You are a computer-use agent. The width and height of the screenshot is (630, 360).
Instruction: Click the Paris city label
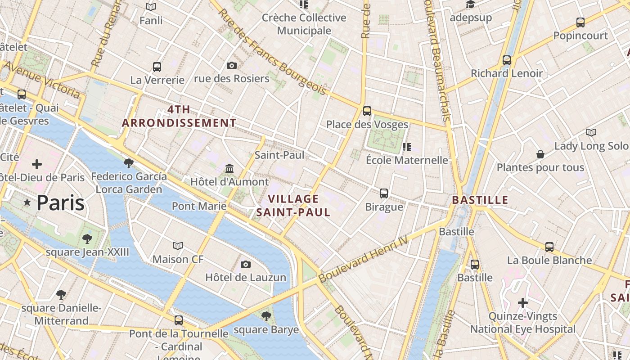(x=60, y=203)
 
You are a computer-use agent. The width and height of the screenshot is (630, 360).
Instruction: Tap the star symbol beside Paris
(x=27, y=203)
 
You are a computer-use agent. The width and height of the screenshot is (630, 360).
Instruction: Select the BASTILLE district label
(x=480, y=200)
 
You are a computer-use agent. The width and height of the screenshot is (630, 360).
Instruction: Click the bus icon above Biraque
(x=384, y=193)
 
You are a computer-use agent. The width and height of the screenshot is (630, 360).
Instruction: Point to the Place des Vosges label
(x=367, y=125)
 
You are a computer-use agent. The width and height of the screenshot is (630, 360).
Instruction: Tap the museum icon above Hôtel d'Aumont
(x=229, y=169)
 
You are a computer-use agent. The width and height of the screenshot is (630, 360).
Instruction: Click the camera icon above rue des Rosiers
(x=232, y=66)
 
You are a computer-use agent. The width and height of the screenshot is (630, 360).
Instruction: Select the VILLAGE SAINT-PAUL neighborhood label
(x=293, y=205)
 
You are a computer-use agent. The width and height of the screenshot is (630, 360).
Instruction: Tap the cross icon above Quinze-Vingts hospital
(x=522, y=303)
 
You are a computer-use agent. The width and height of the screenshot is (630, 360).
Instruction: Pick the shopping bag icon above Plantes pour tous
(x=540, y=154)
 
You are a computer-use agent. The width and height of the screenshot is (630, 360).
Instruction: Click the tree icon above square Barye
(x=266, y=316)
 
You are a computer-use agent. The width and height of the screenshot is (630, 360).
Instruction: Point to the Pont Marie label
(x=199, y=206)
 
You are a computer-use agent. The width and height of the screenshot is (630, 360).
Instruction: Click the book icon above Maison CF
(x=178, y=246)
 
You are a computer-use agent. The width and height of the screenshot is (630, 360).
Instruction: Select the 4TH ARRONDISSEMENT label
(x=179, y=116)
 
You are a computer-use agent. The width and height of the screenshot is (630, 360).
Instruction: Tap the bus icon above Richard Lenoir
(x=507, y=60)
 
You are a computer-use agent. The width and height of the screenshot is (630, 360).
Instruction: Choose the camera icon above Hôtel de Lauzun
(x=245, y=264)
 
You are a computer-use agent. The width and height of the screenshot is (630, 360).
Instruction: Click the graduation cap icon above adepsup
(x=470, y=4)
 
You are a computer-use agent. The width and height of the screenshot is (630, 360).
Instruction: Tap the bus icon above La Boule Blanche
(x=549, y=247)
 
